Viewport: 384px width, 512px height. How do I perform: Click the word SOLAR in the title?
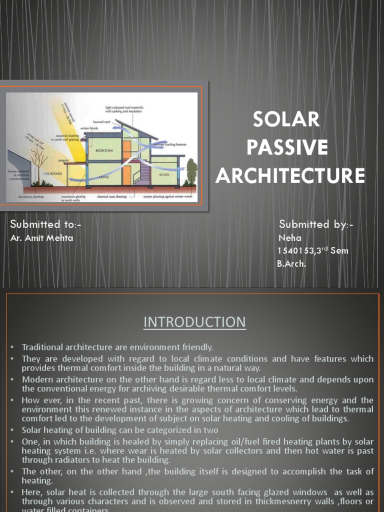click(x=286, y=119)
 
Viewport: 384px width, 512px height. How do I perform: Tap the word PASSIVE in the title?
click(x=287, y=148)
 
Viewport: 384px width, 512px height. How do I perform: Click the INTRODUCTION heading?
click(x=194, y=322)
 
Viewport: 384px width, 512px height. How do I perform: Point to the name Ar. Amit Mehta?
click(x=41, y=238)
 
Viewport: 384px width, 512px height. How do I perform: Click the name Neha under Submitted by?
click(x=290, y=238)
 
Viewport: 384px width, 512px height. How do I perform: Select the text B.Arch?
click(x=291, y=263)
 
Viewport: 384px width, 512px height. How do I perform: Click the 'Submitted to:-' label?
click(x=45, y=224)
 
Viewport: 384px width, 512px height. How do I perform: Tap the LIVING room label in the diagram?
click(x=104, y=177)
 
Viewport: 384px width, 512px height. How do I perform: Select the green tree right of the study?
click(x=191, y=171)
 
